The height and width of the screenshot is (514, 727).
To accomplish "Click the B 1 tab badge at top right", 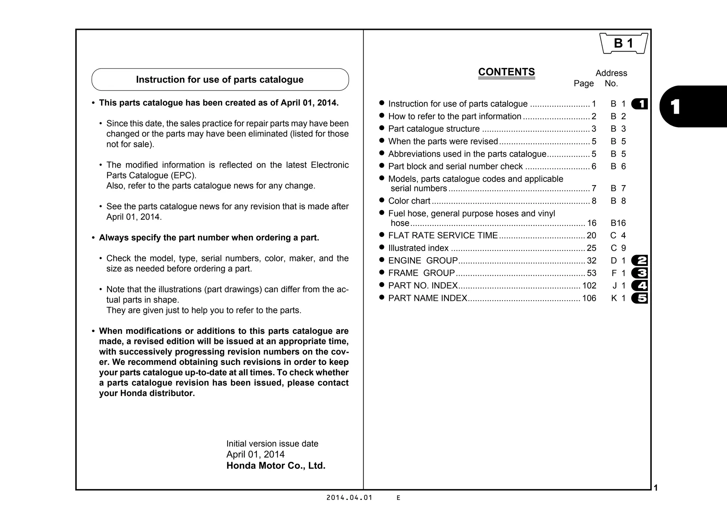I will [624, 43].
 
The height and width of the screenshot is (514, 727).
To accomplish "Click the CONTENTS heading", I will [506, 72].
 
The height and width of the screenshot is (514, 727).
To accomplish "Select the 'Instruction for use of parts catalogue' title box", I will [220, 80].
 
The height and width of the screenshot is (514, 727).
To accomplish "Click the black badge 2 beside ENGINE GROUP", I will [640, 261].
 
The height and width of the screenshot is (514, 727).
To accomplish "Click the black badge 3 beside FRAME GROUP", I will [640, 273].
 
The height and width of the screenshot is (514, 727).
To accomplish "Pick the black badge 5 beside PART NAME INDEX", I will [640, 298].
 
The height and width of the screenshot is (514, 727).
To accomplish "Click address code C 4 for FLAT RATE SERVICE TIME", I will [618, 236].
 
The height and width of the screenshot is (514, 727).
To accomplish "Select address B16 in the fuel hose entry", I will [618, 223].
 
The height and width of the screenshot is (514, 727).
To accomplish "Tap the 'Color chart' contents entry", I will [409, 201].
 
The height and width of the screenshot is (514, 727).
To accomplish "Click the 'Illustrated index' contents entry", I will [418, 248].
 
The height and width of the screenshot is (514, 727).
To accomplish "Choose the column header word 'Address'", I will [611, 73].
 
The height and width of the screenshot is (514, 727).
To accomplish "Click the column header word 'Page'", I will [584, 83].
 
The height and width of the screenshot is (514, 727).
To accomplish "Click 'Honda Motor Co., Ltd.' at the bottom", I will [276, 466].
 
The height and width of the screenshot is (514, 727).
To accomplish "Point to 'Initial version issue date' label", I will [272, 444].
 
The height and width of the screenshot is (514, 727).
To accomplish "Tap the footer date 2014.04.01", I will [349, 498].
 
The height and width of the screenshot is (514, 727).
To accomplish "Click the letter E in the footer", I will [398, 498].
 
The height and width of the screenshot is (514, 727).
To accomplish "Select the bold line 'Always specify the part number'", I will [209, 238].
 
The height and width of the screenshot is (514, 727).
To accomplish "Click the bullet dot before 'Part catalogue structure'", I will [382, 128].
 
